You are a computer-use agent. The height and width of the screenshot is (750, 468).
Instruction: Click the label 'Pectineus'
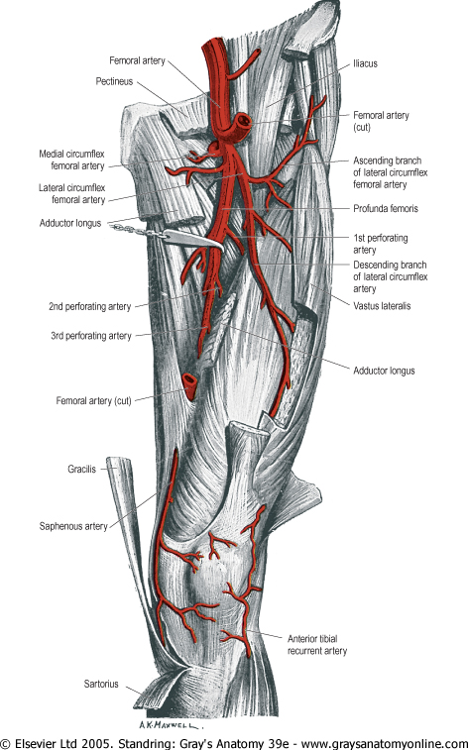pyautogui.click(x=114, y=81)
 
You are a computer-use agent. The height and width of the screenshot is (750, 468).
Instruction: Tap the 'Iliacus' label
pyautogui.click(x=365, y=63)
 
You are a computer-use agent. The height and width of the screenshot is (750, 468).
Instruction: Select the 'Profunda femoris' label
pyautogui.click(x=386, y=208)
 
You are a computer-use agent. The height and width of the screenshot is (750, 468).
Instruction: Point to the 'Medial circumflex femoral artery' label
pyautogui.click(x=71, y=160)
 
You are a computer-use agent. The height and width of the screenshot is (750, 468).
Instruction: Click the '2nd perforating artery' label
pyautogui.click(x=89, y=306)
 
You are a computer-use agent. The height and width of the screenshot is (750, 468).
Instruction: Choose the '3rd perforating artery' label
pyautogui.click(x=91, y=336)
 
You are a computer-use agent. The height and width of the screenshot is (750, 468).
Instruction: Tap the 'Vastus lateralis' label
pyautogui.click(x=382, y=306)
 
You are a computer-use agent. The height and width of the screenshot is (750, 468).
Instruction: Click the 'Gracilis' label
pyautogui.click(x=82, y=470)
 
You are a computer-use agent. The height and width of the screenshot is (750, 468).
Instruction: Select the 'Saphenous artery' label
pyautogui.click(x=73, y=526)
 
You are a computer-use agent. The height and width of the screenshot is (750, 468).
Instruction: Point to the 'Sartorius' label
pyautogui.click(x=101, y=684)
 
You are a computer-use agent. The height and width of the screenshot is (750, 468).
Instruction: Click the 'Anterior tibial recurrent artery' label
pyautogui.click(x=317, y=645)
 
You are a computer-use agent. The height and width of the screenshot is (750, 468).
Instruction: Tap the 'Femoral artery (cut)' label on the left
pyautogui.click(x=93, y=401)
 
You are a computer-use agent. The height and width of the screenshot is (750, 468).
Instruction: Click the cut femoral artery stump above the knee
pyautogui.click(x=189, y=386)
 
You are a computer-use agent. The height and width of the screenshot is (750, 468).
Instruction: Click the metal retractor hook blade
pyautogui.click(x=193, y=239)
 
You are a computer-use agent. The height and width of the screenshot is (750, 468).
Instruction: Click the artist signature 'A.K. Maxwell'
pyautogui.click(x=169, y=725)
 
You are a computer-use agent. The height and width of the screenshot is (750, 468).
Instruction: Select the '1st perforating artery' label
pyautogui.click(x=381, y=244)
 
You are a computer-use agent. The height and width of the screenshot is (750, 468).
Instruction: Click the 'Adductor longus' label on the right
pyautogui.click(x=384, y=371)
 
